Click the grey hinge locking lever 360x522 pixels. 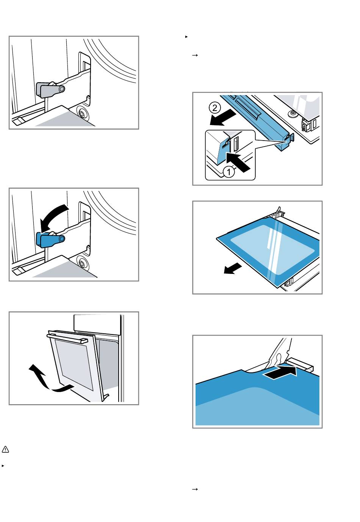point(50,89)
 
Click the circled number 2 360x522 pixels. point(215,108)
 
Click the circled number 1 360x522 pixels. point(229,172)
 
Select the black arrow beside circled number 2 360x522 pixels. point(223,117)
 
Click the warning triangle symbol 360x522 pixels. point(5,449)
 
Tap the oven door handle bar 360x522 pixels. point(67,338)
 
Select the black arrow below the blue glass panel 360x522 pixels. point(232,269)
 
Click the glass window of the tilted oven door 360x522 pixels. point(74,364)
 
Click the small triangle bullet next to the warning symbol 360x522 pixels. point(3,466)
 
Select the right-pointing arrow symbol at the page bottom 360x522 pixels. point(195,489)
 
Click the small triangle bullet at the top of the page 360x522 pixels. point(186,37)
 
